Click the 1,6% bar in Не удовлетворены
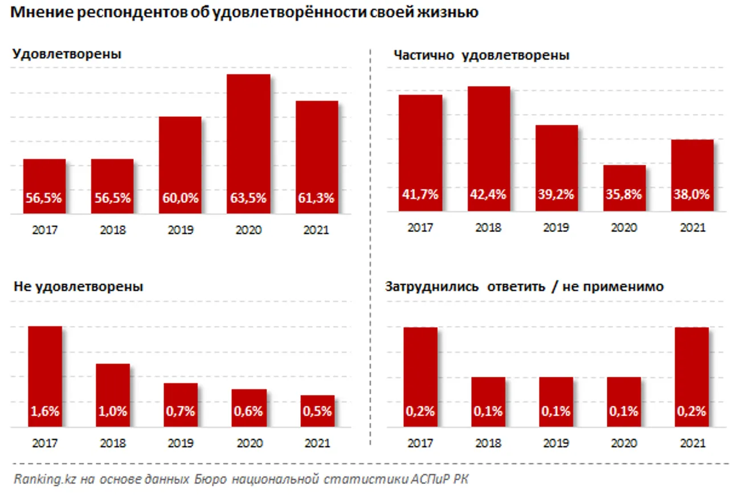coord(44,376)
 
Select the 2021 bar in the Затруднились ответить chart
coord(692,376)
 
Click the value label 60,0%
coord(180,198)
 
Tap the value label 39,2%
coord(556,194)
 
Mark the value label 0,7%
coord(180,411)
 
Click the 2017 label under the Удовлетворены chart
coord(44,231)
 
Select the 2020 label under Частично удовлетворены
coord(624,227)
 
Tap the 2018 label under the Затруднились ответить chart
coord(488,443)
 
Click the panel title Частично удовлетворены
coord(481,55)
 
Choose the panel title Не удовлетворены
coord(78,287)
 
